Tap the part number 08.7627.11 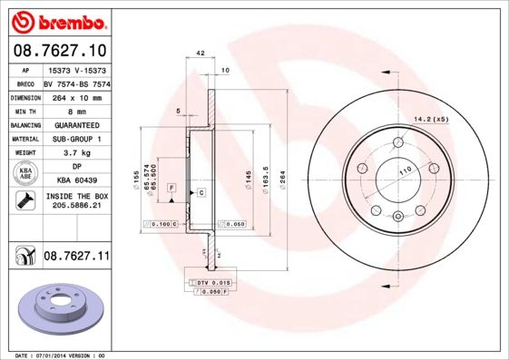click(x=76, y=258)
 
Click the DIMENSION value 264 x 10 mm click(x=75, y=96)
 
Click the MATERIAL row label click(x=24, y=139)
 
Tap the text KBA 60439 click(x=75, y=181)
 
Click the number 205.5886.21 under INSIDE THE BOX click(x=75, y=207)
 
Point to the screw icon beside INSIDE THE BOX click(x=24, y=201)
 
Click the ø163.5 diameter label click(x=265, y=177)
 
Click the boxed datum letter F click(x=171, y=186)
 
